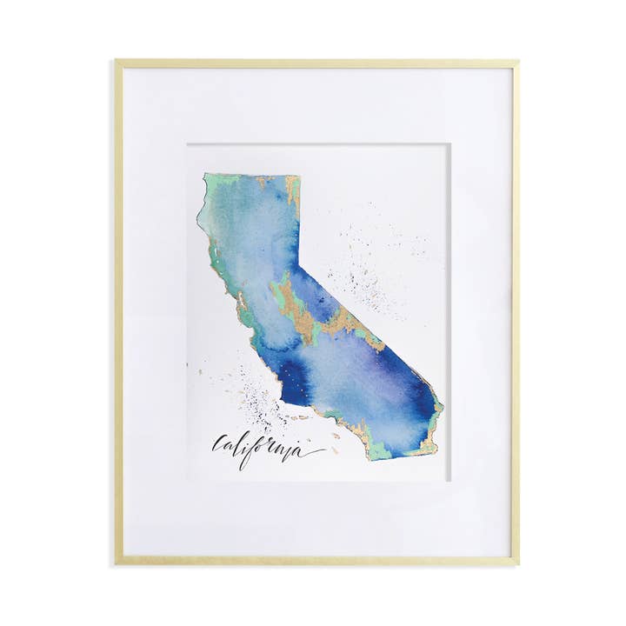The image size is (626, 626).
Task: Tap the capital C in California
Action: pos(218,445)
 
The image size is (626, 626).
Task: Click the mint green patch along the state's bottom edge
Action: pos(383,448)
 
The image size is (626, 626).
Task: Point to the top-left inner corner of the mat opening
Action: pos(186,144)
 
